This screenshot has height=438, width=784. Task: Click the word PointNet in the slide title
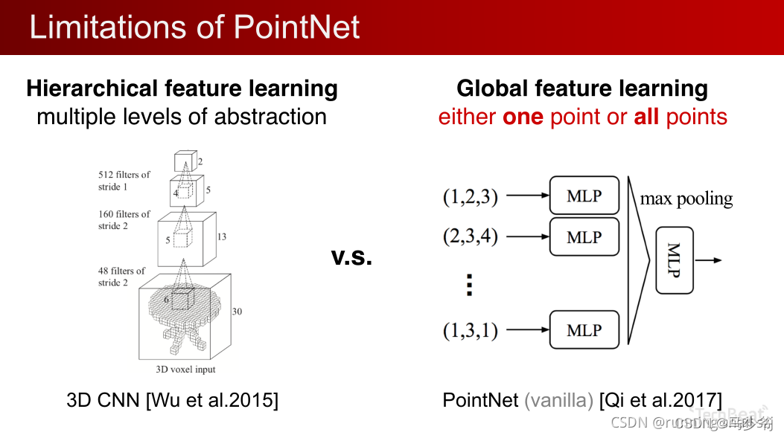296,27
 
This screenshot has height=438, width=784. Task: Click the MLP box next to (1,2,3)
584,196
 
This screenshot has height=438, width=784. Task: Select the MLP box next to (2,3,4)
584,236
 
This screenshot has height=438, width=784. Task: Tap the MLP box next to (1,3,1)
584,329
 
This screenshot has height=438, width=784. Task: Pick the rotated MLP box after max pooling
675,260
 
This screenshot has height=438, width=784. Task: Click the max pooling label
686,199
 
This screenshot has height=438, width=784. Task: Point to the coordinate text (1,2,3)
471,197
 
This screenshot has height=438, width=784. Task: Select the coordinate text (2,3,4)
471,237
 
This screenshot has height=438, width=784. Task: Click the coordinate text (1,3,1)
471,330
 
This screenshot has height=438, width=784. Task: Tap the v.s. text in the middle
351,258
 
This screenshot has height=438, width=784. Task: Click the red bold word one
523,117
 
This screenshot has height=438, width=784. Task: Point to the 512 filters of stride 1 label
124,181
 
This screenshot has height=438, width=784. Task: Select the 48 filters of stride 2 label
121,277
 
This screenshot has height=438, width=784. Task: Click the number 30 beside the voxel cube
237,311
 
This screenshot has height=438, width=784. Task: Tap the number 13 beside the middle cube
222,237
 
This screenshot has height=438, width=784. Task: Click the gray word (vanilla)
558,400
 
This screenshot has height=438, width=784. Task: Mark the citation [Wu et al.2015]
212,400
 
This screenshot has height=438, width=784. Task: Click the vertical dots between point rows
469,285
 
